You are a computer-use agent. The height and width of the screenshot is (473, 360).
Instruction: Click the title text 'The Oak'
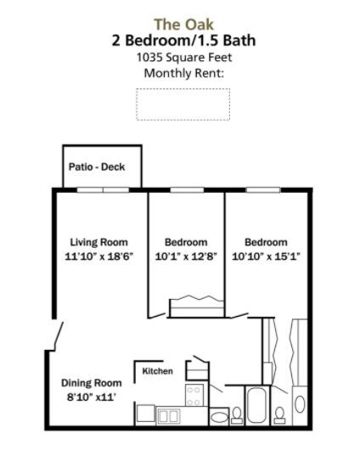click(183, 25)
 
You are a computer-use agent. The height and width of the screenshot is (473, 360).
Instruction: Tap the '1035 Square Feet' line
click(184, 57)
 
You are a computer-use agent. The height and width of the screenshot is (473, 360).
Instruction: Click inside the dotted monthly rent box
click(183, 104)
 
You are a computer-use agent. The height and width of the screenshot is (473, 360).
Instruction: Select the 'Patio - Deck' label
click(97, 166)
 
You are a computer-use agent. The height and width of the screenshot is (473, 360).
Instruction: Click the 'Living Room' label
click(98, 242)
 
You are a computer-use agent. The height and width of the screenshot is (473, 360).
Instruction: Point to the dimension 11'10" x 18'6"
click(98, 256)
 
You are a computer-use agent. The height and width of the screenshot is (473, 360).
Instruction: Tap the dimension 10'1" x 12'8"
click(186, 256)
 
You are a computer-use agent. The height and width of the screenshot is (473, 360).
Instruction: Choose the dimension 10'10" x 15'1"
click(266, 256)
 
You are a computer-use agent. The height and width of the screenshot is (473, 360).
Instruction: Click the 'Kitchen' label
click(157, 371)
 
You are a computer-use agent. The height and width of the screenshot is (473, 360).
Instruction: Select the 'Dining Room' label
click(92, 383)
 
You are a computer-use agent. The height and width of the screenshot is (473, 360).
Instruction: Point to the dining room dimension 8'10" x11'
click(92, 397)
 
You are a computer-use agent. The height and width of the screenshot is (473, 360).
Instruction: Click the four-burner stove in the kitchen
click(194, 395)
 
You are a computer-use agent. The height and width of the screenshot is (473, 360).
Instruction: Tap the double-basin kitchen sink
click(169, 417)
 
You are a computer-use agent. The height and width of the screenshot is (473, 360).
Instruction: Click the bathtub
click(256, 405)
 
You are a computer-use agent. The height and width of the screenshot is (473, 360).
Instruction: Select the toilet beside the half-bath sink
click(237, 415)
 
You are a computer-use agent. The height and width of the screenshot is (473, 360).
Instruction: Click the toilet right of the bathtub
click(280, 415)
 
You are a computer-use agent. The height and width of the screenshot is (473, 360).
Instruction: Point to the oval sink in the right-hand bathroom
click(300, 404)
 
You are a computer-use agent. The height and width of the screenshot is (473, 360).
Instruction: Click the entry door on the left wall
click(59, 336)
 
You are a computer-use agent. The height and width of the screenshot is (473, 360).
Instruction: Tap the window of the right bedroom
click(263, 189)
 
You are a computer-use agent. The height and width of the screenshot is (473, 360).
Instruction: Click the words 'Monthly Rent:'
click(184, 73)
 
